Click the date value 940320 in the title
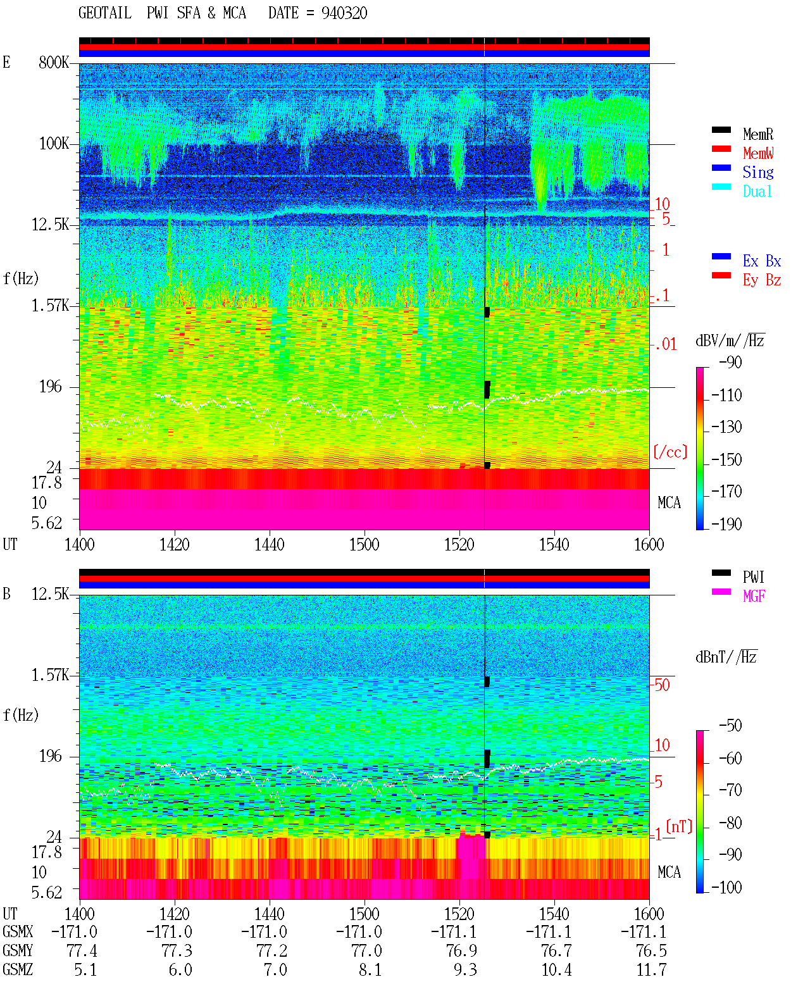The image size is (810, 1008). point(344,13)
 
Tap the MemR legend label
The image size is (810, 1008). point(757,134)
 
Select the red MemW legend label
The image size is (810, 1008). point(757,153)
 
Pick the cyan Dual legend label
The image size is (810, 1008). point(757,191)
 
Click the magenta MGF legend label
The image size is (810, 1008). point(754,596)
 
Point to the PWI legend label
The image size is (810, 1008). point(753,577)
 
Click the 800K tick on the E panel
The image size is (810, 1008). point(54,62)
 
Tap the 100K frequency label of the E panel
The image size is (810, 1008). point(54,144)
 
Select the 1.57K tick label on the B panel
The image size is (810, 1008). point(50,675)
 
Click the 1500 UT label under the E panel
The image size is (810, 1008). point(364,545)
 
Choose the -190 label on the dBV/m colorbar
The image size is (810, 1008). point(726,524)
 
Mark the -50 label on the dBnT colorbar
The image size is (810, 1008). point(730,726)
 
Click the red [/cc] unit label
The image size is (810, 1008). point(670,452)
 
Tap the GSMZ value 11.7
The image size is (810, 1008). point(651,969)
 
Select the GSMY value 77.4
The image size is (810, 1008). point(82,951)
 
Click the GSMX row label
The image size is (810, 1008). point(18,931)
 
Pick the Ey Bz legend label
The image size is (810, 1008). point(762,280)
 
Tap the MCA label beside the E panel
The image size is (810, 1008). point(669,502)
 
